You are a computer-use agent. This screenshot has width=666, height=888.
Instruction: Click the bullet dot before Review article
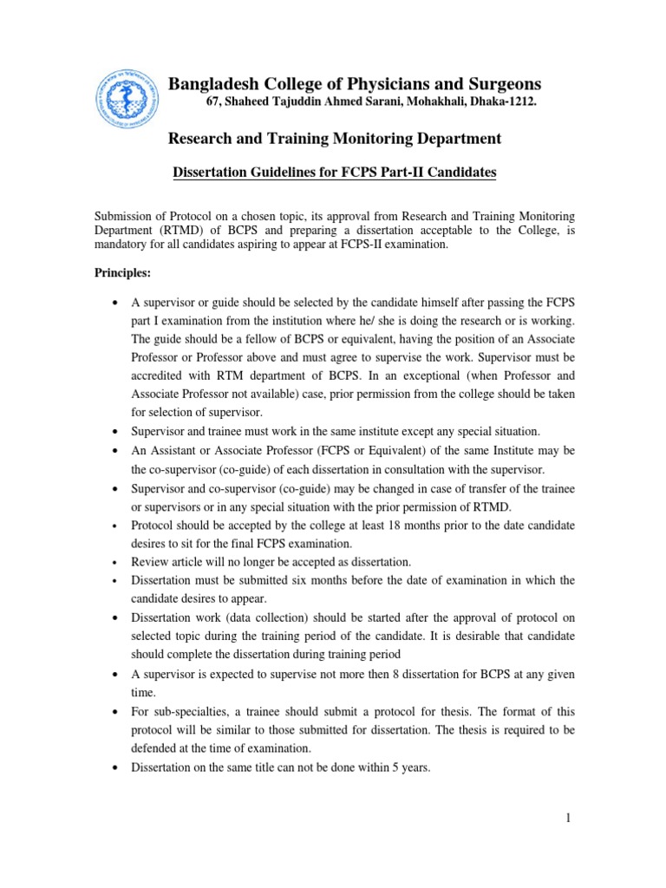click(115, 562)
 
